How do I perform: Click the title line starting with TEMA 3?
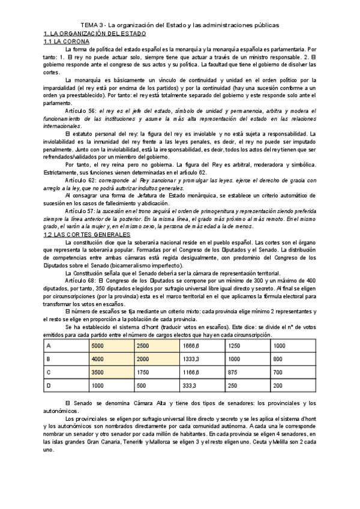point(180,25)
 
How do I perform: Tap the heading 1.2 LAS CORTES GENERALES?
point(86,235)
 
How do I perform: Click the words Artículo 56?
point(82,110)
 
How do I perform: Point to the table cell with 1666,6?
point(192,346)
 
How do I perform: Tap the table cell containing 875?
point(235,372)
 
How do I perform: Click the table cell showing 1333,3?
point(192,359)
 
